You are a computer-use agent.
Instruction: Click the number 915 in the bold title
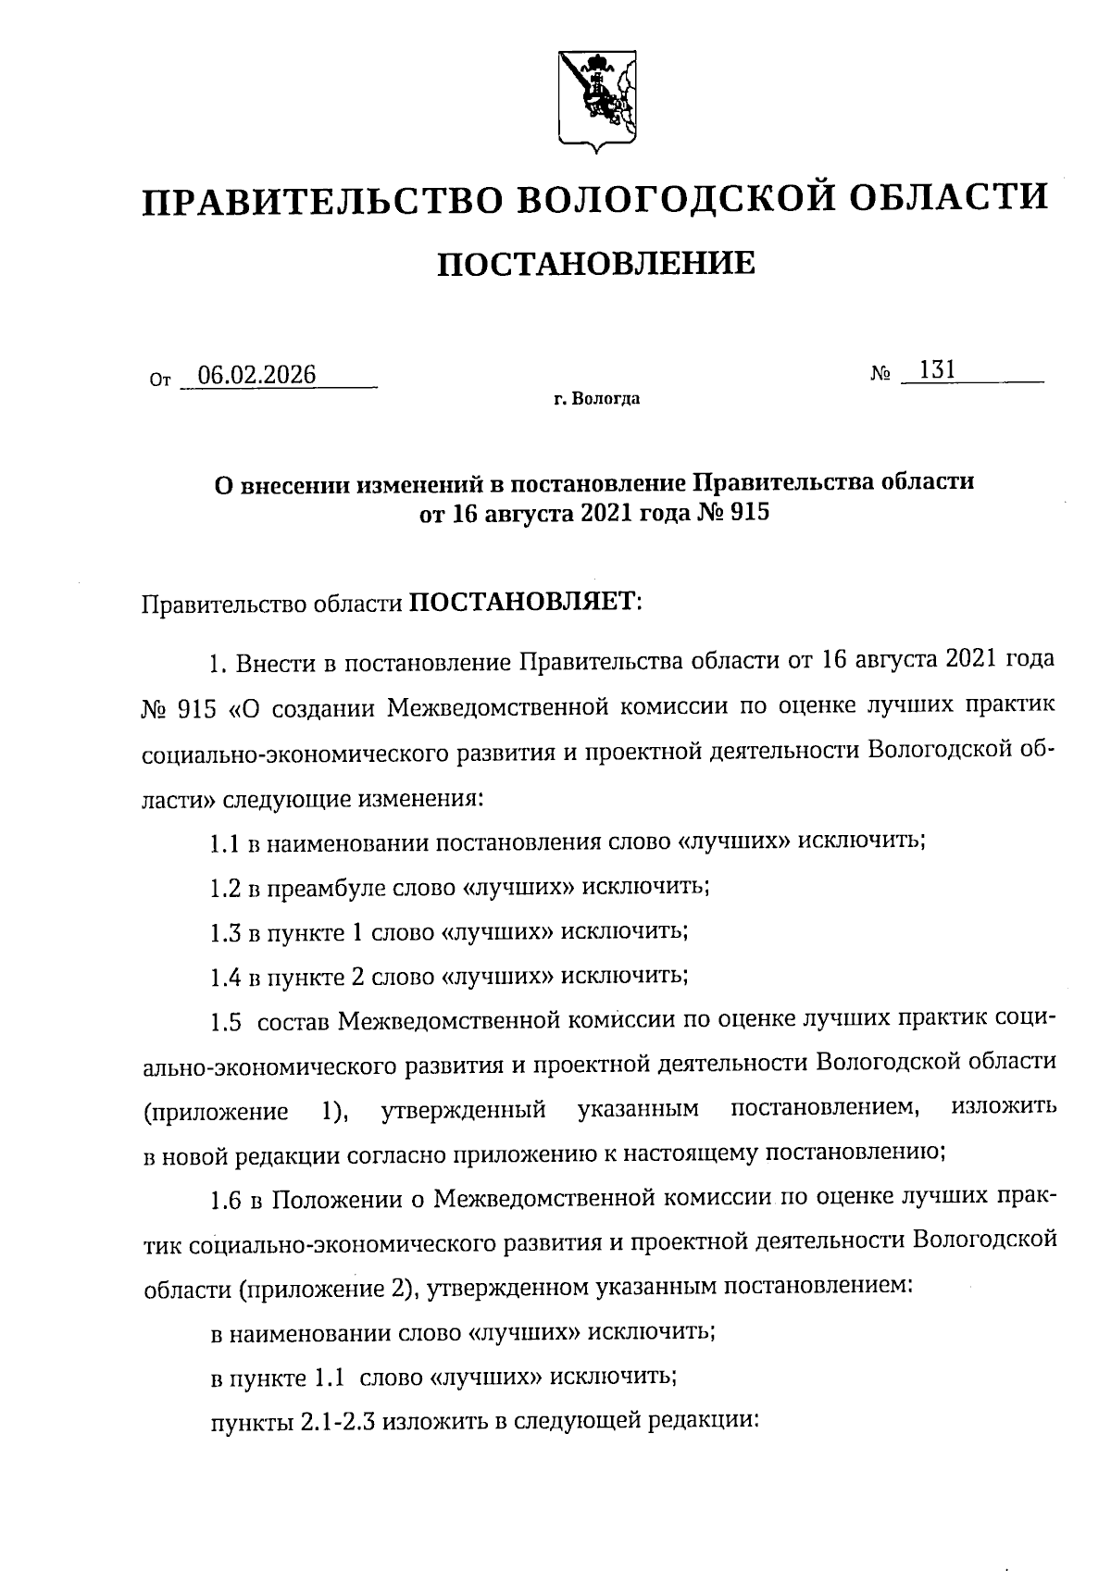coord(749,513)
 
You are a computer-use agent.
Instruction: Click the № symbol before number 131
coord(880,375)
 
